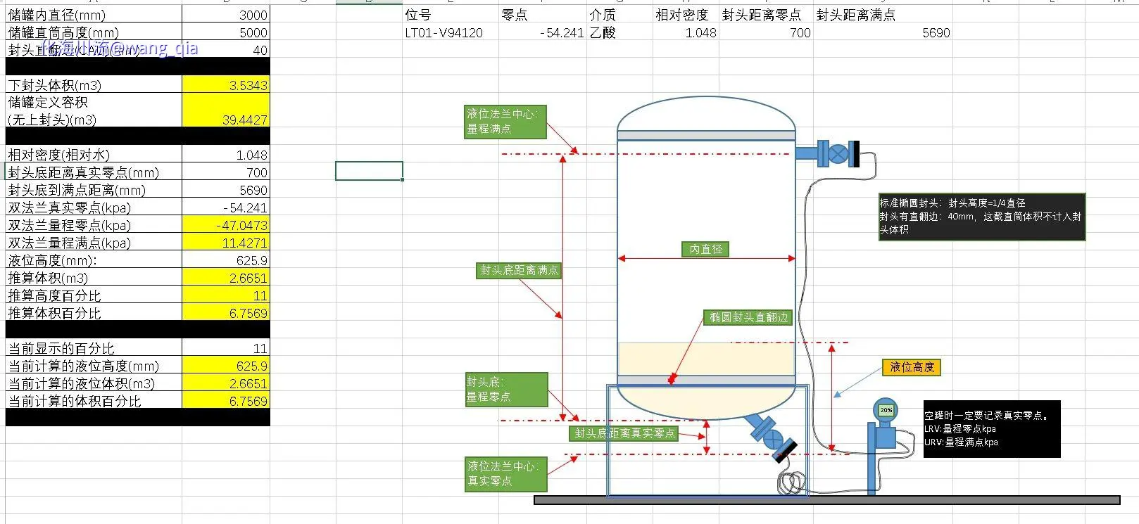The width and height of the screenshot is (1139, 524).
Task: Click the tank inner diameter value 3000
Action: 253,15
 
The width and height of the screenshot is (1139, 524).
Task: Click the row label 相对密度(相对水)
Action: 59,155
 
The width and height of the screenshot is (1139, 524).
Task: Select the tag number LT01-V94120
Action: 443,32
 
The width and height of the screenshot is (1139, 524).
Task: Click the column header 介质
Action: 603,15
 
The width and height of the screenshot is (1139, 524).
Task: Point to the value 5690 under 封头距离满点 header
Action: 936,32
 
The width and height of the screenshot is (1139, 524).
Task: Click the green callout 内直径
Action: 705,249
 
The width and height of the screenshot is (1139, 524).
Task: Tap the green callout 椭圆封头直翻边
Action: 748,317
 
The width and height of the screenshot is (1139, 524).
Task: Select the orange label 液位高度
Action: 912,367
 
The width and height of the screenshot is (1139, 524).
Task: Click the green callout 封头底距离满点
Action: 519,270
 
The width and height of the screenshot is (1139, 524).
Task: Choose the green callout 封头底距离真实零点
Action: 624,433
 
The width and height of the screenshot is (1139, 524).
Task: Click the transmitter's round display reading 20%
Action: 886,409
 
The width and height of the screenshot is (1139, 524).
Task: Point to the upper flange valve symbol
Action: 837,154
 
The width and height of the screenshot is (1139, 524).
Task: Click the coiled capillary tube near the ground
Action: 791,482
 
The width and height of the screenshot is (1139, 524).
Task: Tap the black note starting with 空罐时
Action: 991,429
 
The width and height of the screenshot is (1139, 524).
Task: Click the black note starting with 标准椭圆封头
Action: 981,216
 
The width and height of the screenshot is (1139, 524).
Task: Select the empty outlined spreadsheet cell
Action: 369,171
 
